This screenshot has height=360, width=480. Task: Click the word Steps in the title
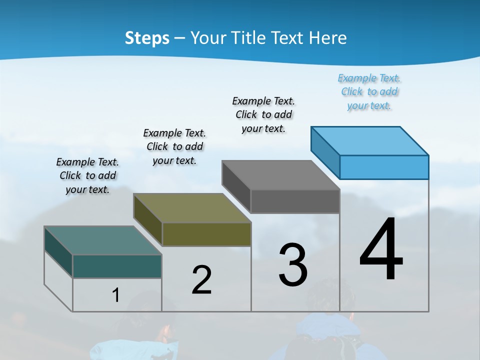[147, 38]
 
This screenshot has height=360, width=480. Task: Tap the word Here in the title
[328, 38]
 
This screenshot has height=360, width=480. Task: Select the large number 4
[381, 250]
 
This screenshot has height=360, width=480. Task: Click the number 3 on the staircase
[293, 265]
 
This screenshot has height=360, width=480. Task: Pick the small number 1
[115, 295]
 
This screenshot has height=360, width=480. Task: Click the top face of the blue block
[370, 140]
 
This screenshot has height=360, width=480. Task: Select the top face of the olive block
[192, 208]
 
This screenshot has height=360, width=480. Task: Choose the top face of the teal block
[103, 240]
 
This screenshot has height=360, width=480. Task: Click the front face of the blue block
[384, 167]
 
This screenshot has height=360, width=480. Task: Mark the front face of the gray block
[295, 201]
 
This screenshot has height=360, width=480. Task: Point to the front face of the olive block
[206, 234]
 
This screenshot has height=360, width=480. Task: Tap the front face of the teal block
[117, 266]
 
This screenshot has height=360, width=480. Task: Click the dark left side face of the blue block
[325, 152]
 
